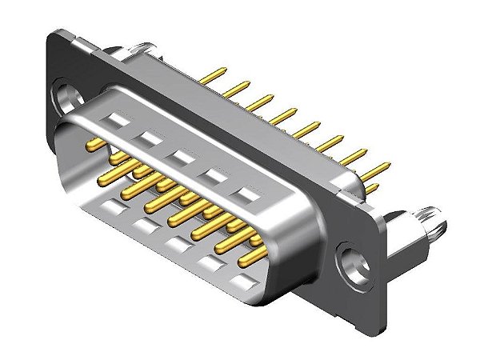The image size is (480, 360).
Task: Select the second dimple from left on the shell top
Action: click(x=149, y=138)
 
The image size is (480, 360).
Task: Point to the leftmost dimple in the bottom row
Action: click(x=112, y=210)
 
